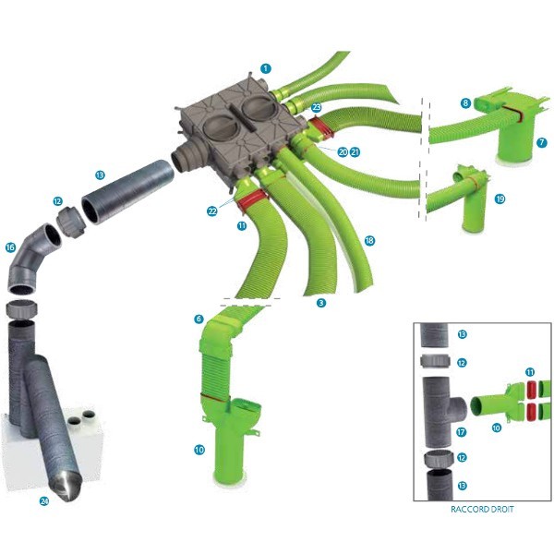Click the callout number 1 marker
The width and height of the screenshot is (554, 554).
pos(266,68)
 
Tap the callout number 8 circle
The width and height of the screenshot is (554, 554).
pos(465,103)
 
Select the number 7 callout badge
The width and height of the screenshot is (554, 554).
pos(541,143)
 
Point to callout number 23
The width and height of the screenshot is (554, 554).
pos(316,107)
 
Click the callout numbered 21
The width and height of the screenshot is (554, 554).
pos(355,152)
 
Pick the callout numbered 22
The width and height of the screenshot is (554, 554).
pos(212,211)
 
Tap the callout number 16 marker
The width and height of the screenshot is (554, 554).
pos(10,247)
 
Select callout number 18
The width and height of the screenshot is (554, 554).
pos(369,241)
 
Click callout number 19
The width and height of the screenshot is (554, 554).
pos(500,199)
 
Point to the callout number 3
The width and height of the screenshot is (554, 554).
pos(320,303)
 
